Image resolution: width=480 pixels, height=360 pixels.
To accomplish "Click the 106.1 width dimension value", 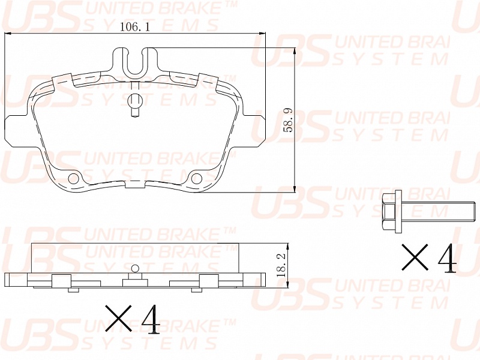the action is pyautogui.click(x=134, y=27).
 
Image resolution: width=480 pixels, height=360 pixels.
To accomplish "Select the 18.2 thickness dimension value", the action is pyautogui.click(x=281, y=265).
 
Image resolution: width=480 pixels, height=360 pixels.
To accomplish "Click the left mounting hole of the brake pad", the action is pyautogui.click(x=74, y=178).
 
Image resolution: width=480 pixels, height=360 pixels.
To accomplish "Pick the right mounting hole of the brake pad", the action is pyautogui.click(x=196, y=178).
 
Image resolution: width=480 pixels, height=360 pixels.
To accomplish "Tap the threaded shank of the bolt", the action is pyautogui.click(x=439, y=211).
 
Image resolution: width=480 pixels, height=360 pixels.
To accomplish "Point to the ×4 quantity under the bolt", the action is pyautogui.click(x=429, y=258).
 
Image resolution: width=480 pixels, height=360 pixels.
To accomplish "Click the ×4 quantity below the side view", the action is pyautogui.click(x=133, y=319).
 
